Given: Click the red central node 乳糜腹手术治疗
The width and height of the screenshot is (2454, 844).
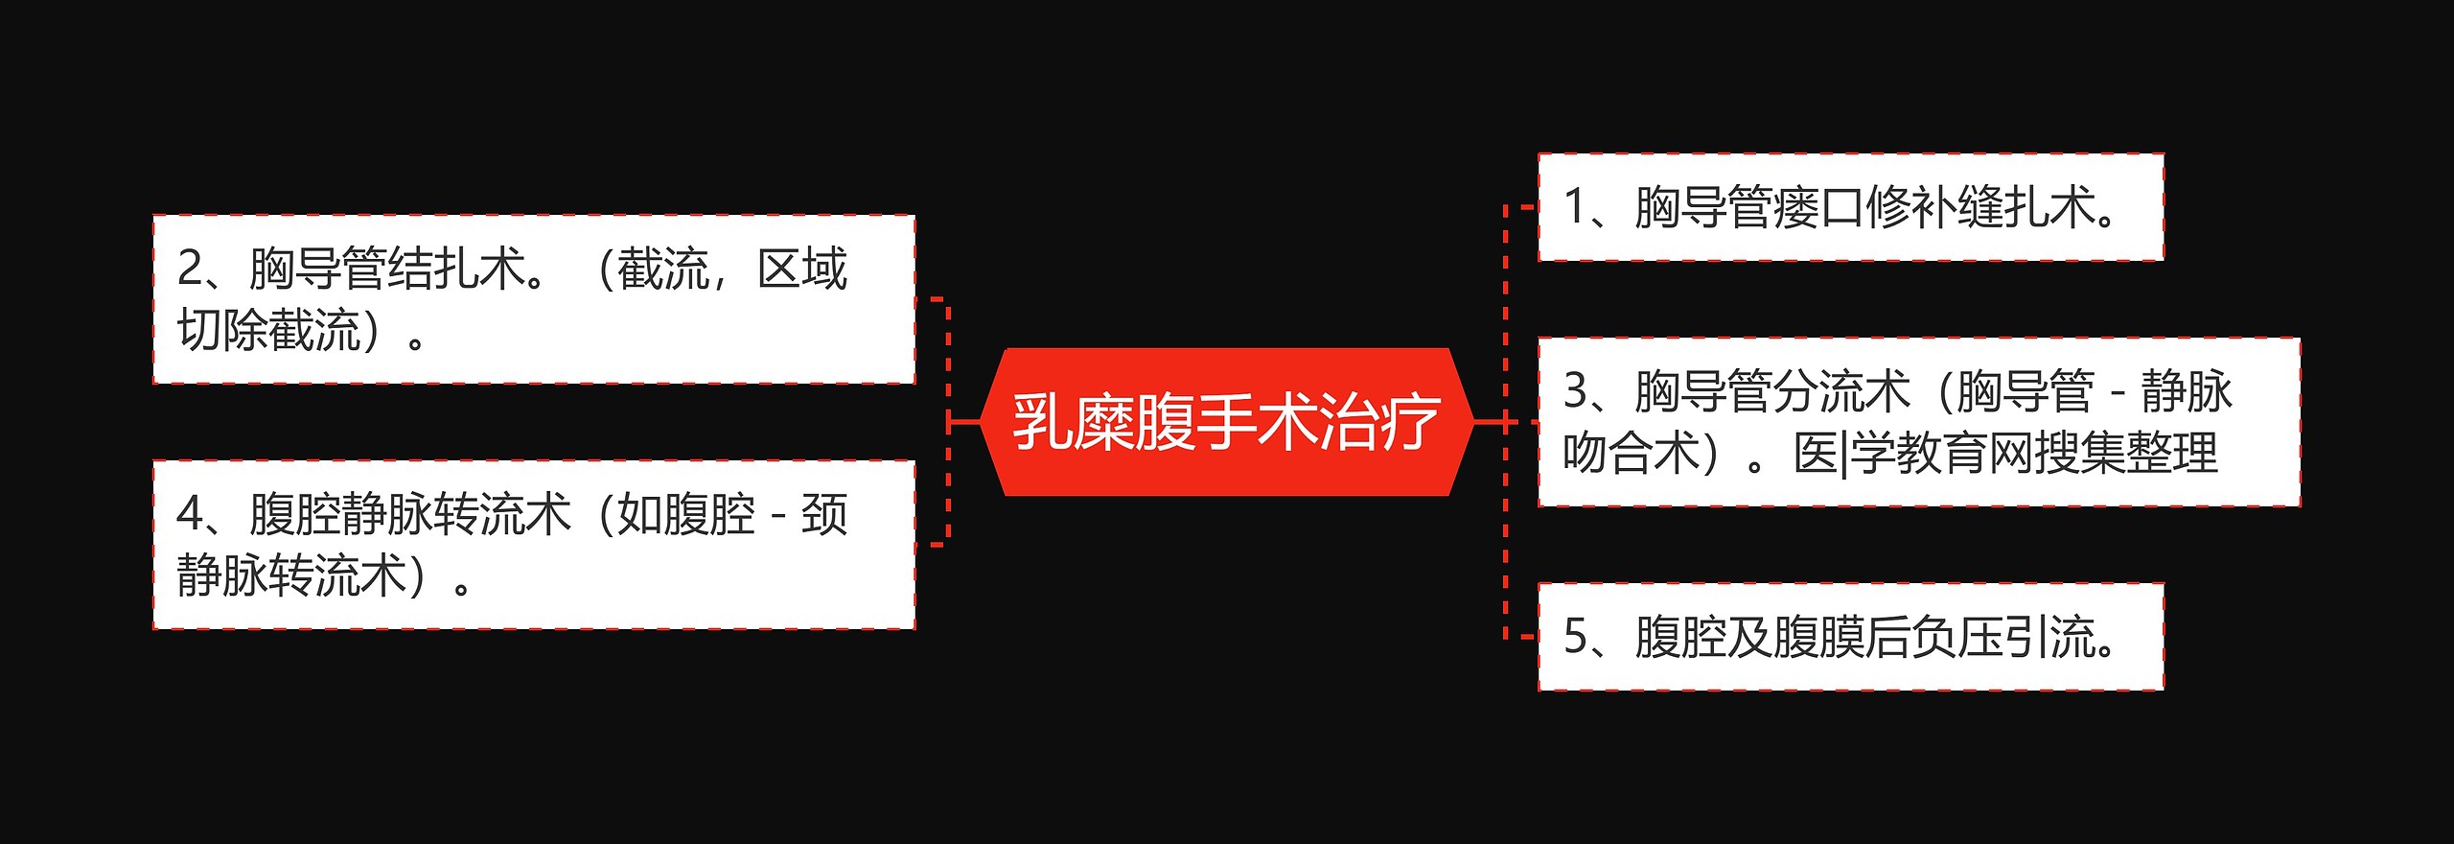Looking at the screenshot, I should (1226, 422).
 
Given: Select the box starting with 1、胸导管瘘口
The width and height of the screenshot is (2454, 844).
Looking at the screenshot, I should (1850, 207).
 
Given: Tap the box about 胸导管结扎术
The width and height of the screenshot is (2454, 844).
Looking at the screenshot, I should (534, 299).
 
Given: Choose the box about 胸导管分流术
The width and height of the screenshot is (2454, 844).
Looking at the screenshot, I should (1918, 422).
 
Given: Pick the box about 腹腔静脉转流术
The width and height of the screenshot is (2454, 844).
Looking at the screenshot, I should (534, 545).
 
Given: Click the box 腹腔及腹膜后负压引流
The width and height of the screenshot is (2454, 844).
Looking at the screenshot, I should (1850, 637).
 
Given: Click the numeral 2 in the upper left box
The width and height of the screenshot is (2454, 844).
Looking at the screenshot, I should (190, 269).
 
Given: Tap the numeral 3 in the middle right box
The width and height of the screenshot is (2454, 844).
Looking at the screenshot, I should (1575, 391).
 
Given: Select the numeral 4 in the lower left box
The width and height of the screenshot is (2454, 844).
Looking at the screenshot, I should (190, 514).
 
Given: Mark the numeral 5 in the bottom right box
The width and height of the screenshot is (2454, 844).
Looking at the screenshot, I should (1575, 637).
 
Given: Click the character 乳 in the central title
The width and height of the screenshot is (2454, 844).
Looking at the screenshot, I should (1042, 422).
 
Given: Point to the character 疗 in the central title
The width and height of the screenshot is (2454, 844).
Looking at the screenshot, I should (1409, 422).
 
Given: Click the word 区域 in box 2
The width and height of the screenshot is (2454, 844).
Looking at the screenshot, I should (802, 269).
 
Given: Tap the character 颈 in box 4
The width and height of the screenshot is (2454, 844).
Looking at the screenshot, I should (824, 514).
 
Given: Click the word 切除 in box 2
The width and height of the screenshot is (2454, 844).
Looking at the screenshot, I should (222, 330).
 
